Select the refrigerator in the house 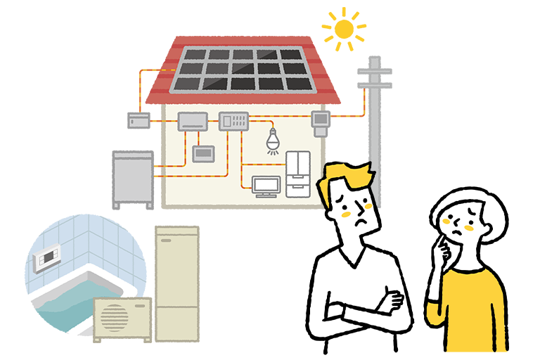(x=297, y=172)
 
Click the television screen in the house (x=266, y=184)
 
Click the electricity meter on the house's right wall (x=321, y=120)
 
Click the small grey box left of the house (x=139, y=120)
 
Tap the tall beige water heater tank (x=176, y=281)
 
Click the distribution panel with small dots (x=235, y=120)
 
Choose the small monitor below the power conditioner (x=205, y=153)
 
